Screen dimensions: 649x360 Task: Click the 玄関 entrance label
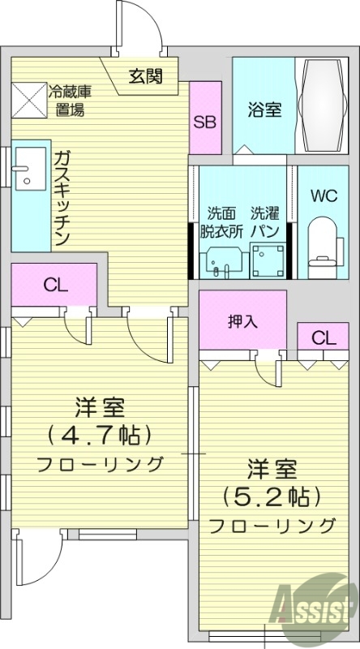(145, 76)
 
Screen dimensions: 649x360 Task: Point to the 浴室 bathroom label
(265, 109)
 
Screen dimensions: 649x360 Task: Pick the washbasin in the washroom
(218, 261)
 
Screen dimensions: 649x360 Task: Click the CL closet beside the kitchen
(54, 285)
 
